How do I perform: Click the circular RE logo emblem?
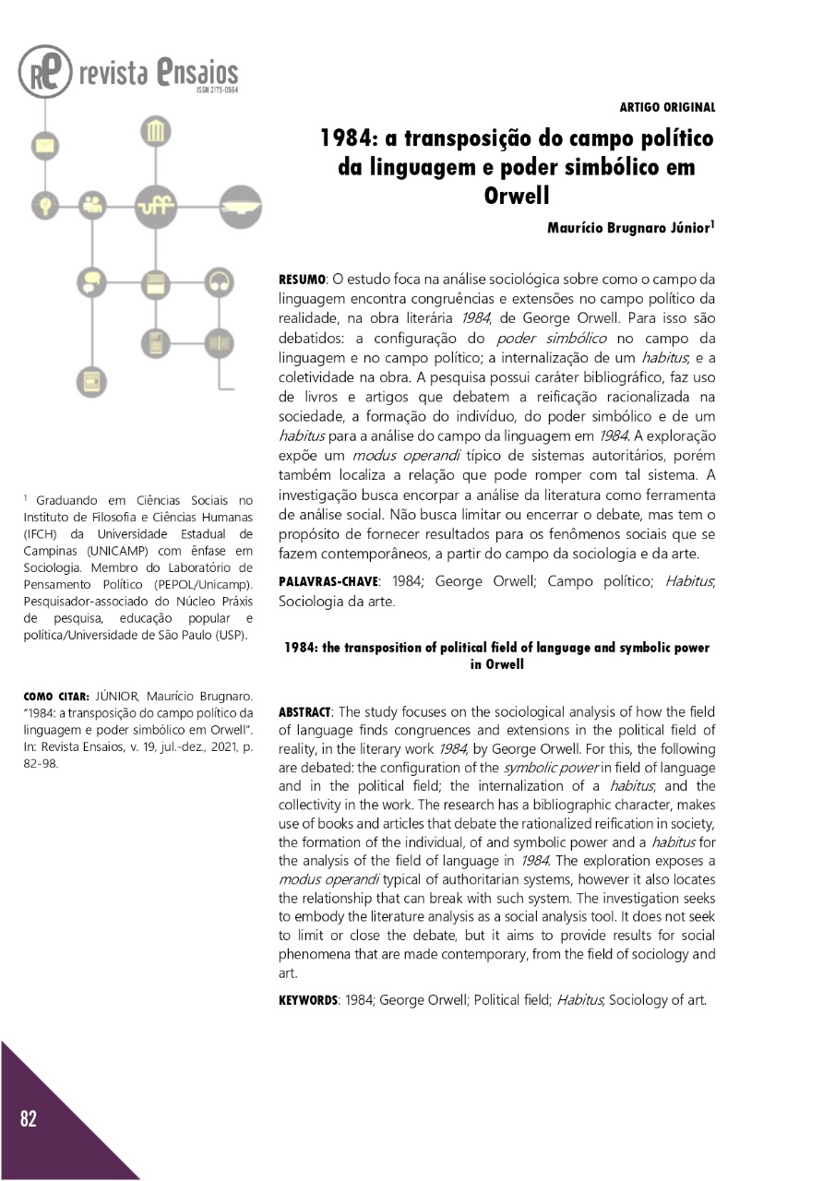[44, 72]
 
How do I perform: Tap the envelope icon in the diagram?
[42, 145]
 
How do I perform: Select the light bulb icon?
[42, 204]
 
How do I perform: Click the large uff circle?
[155, 204]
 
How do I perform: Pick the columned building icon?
[155, 133]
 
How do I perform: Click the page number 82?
[29, 1118]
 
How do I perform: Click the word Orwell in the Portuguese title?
[517, 197]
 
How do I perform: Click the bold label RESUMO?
[303, 278]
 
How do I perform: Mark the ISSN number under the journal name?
[217, 91]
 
